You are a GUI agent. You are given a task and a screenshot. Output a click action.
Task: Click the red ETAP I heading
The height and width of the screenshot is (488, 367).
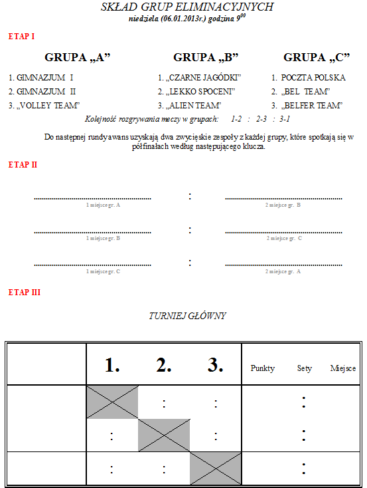pyautogui.click(x=21, y=37)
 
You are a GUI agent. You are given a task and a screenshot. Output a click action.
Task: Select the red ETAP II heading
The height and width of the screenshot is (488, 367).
pyautogui.click(x=23, y=165)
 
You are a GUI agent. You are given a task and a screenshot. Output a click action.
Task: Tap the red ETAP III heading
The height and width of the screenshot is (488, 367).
pyautogui.click(x=25, y=293)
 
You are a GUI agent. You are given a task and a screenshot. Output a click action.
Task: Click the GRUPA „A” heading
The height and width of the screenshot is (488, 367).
pyautogui.click(x=78, y=58)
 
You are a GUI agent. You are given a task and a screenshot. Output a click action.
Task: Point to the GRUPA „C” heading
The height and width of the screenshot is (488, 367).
pyautogui.click(x=317, y=58)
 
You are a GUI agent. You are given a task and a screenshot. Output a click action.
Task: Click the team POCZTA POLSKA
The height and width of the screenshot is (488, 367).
pyautogui.click(x=313, y=78)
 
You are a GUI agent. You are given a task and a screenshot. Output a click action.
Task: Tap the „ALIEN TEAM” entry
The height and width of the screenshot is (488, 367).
pyautogui.click(x=193, y=106)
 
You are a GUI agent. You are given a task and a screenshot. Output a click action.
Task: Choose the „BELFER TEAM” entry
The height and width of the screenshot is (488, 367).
pyautogui.click(x=311, y=106)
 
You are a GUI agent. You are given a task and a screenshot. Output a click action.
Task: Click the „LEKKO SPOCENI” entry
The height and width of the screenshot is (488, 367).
pyautogui.click(x=200, y=92)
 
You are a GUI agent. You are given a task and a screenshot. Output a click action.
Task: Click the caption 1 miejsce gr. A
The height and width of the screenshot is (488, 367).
pyautogui.click(x=103, y=205)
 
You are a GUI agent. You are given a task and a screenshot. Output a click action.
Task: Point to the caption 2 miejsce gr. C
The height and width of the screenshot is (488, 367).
pyautogui.click(x=284, y=239)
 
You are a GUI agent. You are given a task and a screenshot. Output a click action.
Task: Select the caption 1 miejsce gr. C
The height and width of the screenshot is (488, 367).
pyautogui.click(x=103, y=272)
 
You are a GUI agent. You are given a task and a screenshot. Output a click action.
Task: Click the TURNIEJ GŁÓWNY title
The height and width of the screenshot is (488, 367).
pyautogui.click(x=187, y=316)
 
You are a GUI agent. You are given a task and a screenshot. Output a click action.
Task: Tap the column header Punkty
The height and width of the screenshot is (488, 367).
pyautogui.click(x=263, y=368)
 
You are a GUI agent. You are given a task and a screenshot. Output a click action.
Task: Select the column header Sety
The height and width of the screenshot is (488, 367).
pyautogui.click(x=304, y=368)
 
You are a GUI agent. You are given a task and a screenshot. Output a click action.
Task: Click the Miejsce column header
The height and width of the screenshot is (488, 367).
pyautogui.click(x=342, y=368)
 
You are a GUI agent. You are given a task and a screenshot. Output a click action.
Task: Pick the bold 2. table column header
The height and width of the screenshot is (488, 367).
pyautogui.click(x=164, y=365)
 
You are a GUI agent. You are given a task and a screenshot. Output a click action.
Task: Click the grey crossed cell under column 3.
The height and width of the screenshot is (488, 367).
pyautogui.click(x=216, y=469)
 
